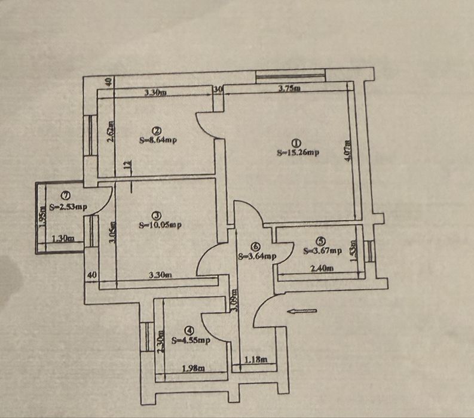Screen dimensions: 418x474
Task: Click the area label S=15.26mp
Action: point(298,152)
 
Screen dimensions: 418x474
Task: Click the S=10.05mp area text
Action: point(160,225)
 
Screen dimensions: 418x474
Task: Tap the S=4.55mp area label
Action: point(191,340)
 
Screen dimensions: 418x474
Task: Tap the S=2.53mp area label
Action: point(69,207)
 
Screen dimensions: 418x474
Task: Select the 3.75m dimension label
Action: point(289,88)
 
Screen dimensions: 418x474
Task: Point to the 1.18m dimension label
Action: point(257,360)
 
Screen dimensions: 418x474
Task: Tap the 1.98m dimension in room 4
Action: point(192,368)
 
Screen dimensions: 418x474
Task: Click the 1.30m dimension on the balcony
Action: point(63,239)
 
